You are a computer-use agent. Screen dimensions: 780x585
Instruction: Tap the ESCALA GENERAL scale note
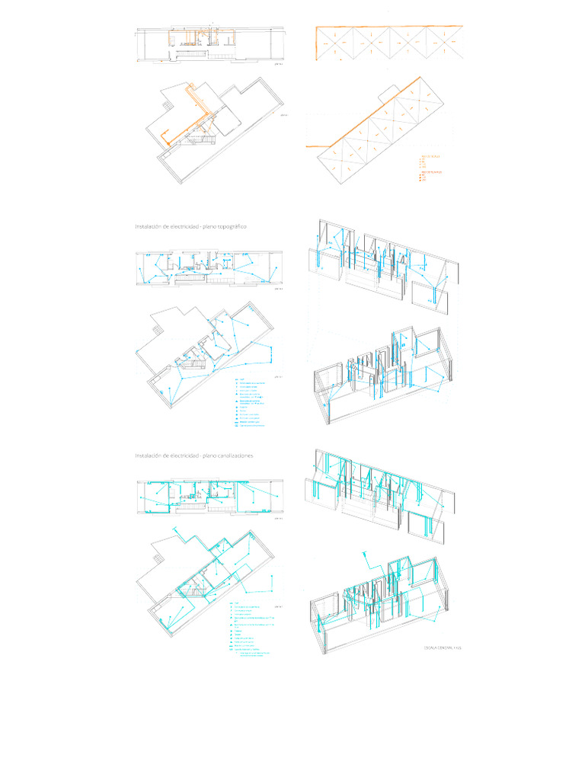[x=443, y=648]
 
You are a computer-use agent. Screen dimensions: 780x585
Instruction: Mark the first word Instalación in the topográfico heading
[x=149, y=227]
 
